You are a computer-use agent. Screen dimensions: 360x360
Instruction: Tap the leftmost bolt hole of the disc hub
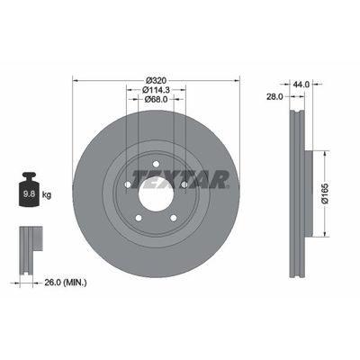(x=128, y=185)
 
